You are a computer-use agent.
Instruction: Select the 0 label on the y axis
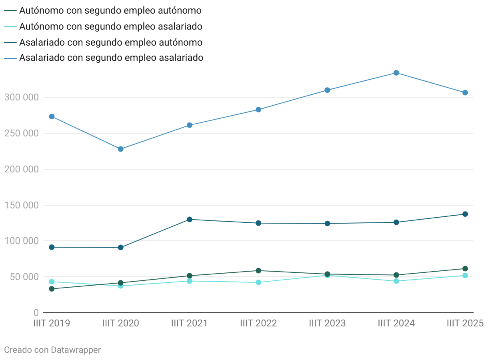click(x=36, y=312)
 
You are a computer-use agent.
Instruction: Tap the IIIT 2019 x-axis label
click(x=52, y=323)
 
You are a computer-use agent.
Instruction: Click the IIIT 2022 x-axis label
click(x=258, y=323)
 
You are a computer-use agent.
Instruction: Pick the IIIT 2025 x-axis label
click(x=465, y=323)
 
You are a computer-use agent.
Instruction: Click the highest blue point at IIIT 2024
click(x=396, y=73)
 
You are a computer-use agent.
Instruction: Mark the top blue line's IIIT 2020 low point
click(x=121, y=149)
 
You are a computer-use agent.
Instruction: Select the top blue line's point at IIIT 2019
click(x=52, y=116)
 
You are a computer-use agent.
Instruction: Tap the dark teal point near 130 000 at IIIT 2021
click(x=190, y=219)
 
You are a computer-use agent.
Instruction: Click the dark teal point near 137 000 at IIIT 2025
click(x=465, y=214)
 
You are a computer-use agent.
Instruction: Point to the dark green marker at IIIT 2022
click(x=258, y=271)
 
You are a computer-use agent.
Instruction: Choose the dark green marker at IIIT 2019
click(x=52, y=289)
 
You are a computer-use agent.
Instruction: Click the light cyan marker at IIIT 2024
click(x=396, y=281)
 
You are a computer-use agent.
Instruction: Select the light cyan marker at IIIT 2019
click(x=52, y=282)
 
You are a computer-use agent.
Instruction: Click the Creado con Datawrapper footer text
click(x=52, y=350)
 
